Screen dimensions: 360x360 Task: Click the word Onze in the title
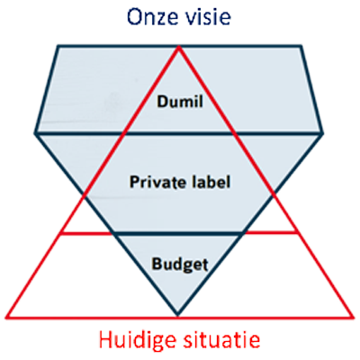[153, 17]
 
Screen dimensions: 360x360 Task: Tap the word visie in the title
[208, 17]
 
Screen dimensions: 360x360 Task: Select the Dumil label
[180, 101]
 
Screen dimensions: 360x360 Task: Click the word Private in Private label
[152, 182]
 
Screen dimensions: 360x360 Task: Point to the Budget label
[180, 265]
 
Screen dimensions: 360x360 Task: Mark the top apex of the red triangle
[179, 47]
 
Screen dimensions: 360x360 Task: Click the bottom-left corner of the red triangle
[6, 317]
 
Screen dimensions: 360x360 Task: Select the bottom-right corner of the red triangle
[353, 317]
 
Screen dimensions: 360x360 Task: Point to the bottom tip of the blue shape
[177, 315]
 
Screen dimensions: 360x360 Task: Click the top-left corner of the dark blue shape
[58, 46]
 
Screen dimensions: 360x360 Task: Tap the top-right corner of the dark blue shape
[301, 46]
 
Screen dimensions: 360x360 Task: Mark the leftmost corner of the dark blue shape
[36, 133]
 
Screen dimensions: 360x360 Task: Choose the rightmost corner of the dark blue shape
[322, 133]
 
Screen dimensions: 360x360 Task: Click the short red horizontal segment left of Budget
[86, 233]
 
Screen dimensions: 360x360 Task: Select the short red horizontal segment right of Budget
[272, 233]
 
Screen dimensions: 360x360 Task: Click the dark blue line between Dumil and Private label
[179, 133]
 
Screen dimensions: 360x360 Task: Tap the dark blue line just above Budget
[177, 233]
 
